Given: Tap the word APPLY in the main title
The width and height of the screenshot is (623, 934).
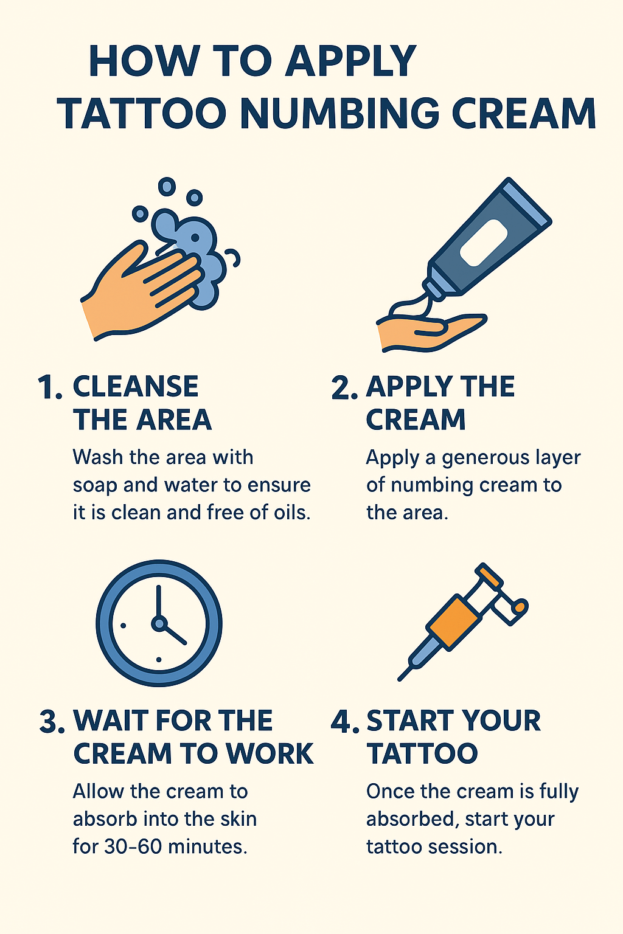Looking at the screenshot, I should click(351, 61).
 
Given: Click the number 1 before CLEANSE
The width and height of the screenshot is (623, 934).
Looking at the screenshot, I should click(48, 387).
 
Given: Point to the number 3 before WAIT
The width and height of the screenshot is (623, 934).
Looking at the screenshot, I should click(50, 722).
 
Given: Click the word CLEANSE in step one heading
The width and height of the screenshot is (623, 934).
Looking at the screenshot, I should click(136, 387).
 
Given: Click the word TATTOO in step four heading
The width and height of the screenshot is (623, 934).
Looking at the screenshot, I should click(422, 754).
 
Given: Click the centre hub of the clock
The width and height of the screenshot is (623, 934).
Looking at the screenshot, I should click(159, 623).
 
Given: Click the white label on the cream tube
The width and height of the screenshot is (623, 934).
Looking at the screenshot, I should click(484, 242).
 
